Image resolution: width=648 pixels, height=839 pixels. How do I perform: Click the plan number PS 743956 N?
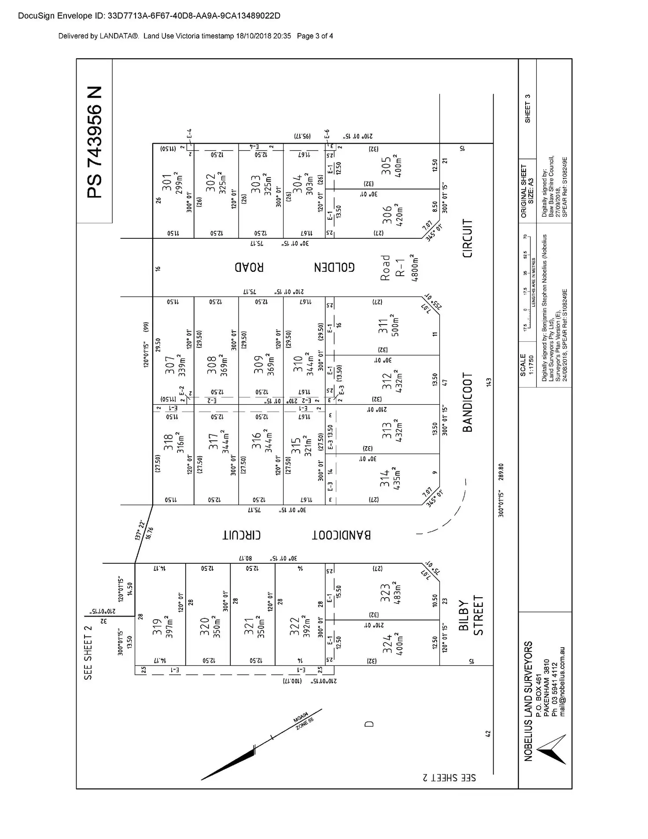point(95,142)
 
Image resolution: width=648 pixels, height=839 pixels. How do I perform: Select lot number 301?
point(167,182)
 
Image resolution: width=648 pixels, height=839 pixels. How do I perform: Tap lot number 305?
point(386,166)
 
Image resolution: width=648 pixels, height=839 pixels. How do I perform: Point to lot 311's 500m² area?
point(395,325)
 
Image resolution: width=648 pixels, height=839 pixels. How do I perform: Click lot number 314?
point(385,479)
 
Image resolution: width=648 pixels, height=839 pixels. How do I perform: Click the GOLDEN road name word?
point(334,267)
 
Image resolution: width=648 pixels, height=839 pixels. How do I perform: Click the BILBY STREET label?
point(471,615)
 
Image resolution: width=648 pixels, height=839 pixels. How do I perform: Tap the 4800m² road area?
point(414,268)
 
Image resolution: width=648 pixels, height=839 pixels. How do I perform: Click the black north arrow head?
point(229,765)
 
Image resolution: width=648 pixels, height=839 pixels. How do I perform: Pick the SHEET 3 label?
point(528,109)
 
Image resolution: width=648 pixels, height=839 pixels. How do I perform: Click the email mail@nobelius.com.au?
point(562,681)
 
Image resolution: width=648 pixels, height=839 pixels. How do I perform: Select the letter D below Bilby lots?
point(369,723)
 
